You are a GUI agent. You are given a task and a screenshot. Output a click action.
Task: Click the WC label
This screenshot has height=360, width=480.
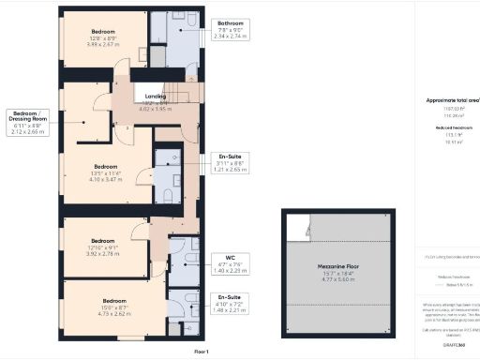point(230,256)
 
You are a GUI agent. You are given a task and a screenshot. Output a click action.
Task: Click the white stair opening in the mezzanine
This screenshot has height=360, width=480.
point(298,227)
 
